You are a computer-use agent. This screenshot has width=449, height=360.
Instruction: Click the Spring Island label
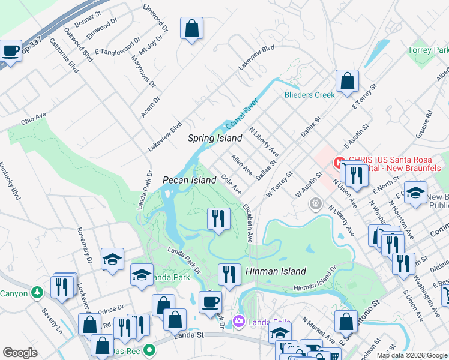click(x=215, y=138)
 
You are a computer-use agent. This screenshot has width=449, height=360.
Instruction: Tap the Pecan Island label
click(x=189, y=180)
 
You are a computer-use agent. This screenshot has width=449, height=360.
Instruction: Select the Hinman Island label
click(x=276, y=271)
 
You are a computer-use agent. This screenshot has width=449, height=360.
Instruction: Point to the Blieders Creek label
click(x=309, y=95)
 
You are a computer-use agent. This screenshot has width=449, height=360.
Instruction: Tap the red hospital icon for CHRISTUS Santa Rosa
click(x=337, y=162)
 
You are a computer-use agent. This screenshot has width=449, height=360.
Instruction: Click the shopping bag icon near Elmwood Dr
click(x=191, y=28)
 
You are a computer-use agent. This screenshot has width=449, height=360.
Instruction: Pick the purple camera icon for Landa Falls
click(x=240, y=322)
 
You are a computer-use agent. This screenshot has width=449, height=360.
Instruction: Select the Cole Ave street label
click(x=231, y=184)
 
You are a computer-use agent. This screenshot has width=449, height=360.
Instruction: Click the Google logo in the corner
click(x=20, y=353)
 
